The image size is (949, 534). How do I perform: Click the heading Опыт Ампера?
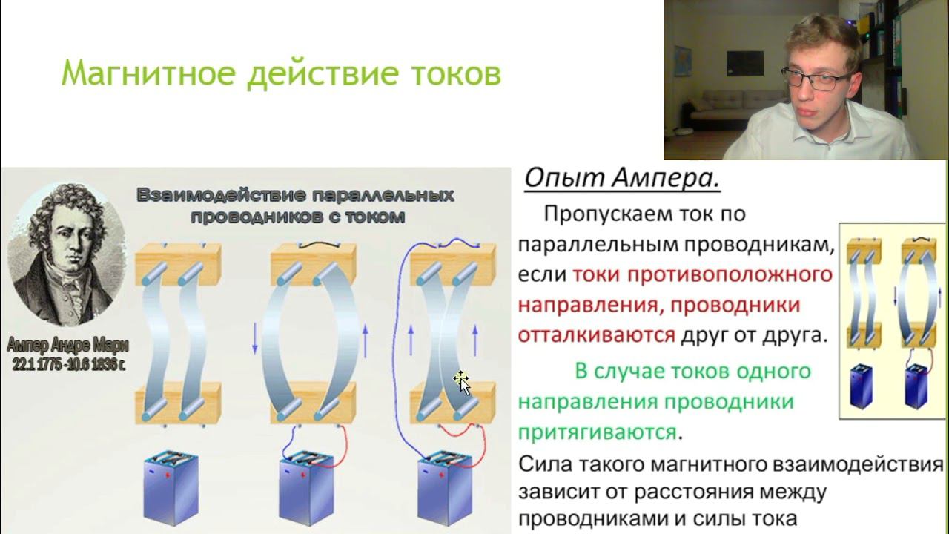622,179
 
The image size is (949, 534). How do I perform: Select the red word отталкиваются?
597,334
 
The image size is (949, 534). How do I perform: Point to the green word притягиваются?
598,432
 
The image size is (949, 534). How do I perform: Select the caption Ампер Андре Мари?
67,346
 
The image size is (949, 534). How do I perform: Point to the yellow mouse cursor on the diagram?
461,383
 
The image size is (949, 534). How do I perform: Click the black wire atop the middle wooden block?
316,243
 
